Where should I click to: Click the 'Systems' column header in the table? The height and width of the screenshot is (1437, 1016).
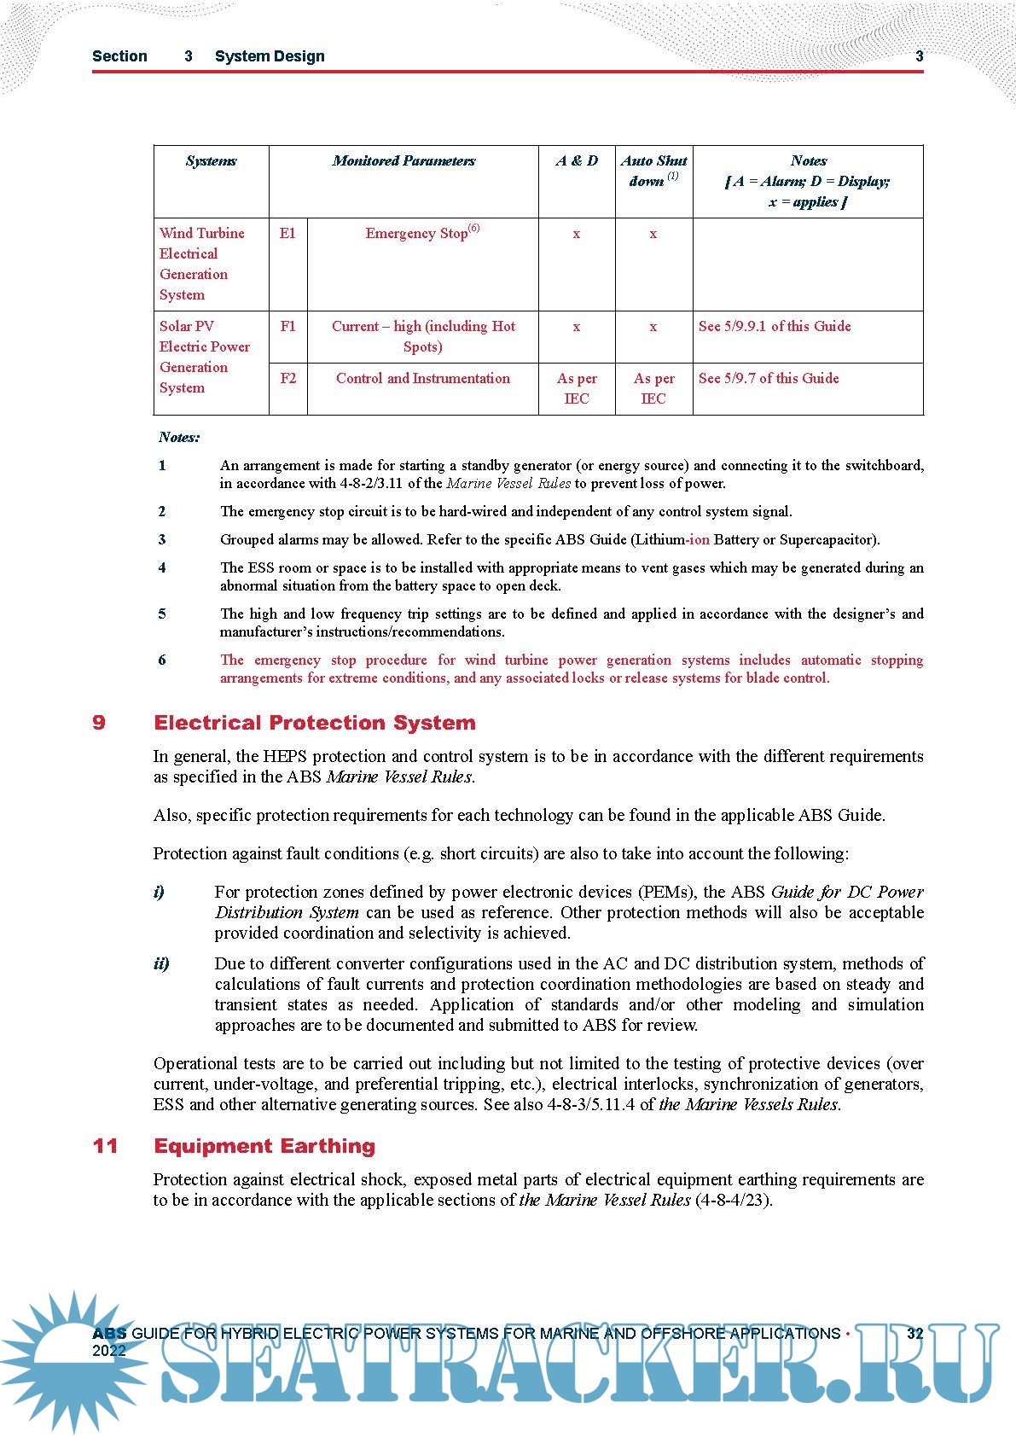(x=211, y=161)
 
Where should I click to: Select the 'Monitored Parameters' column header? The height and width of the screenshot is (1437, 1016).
(x=403, y=161)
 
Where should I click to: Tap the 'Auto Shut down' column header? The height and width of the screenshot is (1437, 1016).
(x=653, y=171)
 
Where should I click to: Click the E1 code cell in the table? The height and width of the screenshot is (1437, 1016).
(x=288, y=233)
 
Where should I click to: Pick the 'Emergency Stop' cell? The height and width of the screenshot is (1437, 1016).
(x=422, y=233)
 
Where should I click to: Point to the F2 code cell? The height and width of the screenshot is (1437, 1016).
(x=288, y=378)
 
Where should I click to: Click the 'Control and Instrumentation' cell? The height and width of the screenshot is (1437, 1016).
(x=422, y=378)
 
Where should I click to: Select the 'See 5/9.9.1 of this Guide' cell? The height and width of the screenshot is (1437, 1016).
(x=775, y=326)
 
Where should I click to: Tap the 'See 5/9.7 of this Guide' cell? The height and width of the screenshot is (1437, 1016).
(x=769, y=378)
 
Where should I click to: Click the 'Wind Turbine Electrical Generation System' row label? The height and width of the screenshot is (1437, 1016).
(x=202, y=264)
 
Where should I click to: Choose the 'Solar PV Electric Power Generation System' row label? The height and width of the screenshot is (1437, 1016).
(x=205, y=357)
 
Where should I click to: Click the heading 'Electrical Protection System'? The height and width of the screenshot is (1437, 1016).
(x=315, y=723)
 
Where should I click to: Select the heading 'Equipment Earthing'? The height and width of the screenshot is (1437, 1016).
(x=264, y=1146)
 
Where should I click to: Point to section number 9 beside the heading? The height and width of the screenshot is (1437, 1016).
(x=99, y=723)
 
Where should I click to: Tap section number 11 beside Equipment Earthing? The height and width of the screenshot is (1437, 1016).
(x=105, y=1146)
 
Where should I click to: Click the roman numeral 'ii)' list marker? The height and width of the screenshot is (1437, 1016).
(x=161, y=963)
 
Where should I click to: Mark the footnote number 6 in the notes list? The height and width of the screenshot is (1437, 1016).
(x=162, y=660)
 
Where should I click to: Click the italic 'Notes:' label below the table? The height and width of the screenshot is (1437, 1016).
(x=179, y=438)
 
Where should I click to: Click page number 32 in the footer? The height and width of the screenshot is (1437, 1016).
(x=914, y=1334)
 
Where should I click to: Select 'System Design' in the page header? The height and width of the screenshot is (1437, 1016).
(x=270, y=56)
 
